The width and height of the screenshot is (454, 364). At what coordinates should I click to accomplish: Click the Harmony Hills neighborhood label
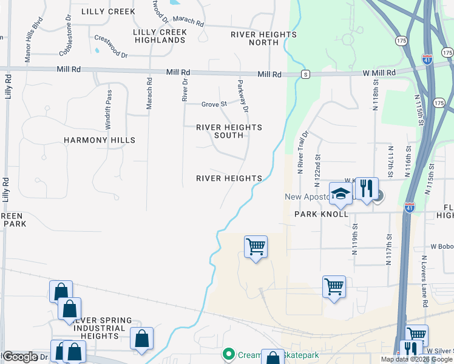[100, 140]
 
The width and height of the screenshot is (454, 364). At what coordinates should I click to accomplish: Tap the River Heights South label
[229, 131]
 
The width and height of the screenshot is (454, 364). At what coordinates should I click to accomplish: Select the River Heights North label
[263, 39]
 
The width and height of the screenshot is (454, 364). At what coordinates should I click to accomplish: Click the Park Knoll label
[321, 214]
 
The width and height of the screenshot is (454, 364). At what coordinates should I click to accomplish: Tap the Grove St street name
[214, 104]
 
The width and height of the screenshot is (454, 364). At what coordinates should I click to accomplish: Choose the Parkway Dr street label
[244, 96]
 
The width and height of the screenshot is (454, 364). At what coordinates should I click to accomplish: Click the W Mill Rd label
[379, 73]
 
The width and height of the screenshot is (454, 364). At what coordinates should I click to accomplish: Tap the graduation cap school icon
[341, 194]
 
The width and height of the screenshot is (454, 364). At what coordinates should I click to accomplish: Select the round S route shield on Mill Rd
[306, 74]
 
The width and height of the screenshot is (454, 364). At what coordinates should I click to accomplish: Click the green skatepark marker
[228, 353]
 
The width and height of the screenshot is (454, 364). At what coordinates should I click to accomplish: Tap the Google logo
[21, 357]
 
